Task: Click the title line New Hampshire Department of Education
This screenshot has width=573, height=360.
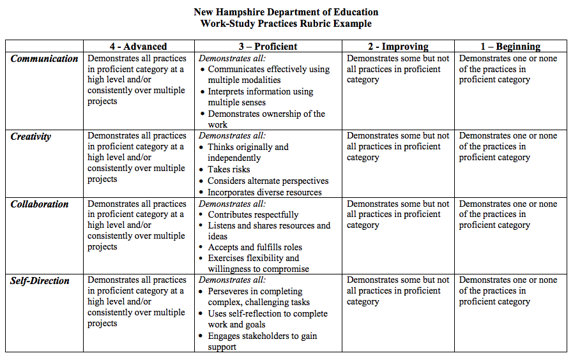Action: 286,12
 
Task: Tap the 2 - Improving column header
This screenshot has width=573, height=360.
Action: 397,47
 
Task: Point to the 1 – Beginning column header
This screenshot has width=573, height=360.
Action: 510,47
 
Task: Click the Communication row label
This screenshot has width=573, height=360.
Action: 44,59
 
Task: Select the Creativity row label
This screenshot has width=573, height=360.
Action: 31,137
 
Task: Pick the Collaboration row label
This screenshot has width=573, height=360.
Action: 40,204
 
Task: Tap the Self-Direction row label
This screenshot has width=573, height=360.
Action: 40,280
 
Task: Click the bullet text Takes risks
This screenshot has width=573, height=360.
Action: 229,170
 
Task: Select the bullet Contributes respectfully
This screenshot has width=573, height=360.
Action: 253,215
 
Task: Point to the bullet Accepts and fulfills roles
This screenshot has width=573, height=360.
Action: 255,248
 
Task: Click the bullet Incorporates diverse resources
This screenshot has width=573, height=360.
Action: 264,192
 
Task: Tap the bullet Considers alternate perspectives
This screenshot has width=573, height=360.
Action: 268,181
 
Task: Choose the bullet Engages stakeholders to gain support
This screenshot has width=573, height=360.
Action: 262,341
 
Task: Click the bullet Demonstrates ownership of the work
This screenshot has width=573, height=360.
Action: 266,119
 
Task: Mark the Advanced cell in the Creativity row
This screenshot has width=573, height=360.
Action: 136,158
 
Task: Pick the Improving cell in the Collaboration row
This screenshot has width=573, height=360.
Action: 397,215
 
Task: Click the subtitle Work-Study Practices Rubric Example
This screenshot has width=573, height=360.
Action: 286,24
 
